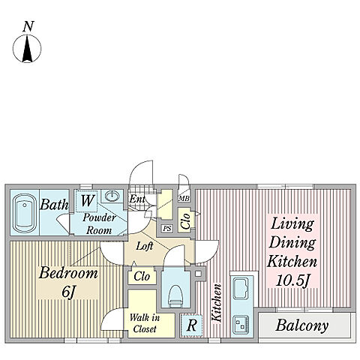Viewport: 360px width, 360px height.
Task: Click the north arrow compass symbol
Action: coord(27,49)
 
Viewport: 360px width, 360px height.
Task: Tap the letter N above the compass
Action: coord(28,26)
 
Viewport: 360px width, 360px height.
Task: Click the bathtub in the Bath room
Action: coord(25,213)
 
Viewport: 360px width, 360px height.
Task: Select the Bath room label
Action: coord(54,205)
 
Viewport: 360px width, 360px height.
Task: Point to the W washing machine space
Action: coord(86,201)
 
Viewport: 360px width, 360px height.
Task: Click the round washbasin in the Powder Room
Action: coord(112,196)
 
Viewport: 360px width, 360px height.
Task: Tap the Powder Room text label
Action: coord(99,223)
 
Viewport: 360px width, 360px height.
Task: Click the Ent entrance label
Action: coord(137,199)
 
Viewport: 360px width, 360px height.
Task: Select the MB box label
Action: coord(184,199)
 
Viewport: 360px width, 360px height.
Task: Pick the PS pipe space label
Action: coord(167,228)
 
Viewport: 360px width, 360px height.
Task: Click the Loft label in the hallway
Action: coord(145,246)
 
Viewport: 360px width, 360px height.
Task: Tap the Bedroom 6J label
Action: coord(68,282)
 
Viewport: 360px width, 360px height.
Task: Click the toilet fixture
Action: coord(175,297)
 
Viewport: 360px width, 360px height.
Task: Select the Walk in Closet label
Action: coord(145,323)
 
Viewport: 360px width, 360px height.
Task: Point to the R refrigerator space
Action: coord(191,325)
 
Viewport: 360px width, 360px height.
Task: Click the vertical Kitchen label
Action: coord(217,302)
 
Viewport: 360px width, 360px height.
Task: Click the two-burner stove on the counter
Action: coord(241,325)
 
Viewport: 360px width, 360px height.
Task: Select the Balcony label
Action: coord(302,325)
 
